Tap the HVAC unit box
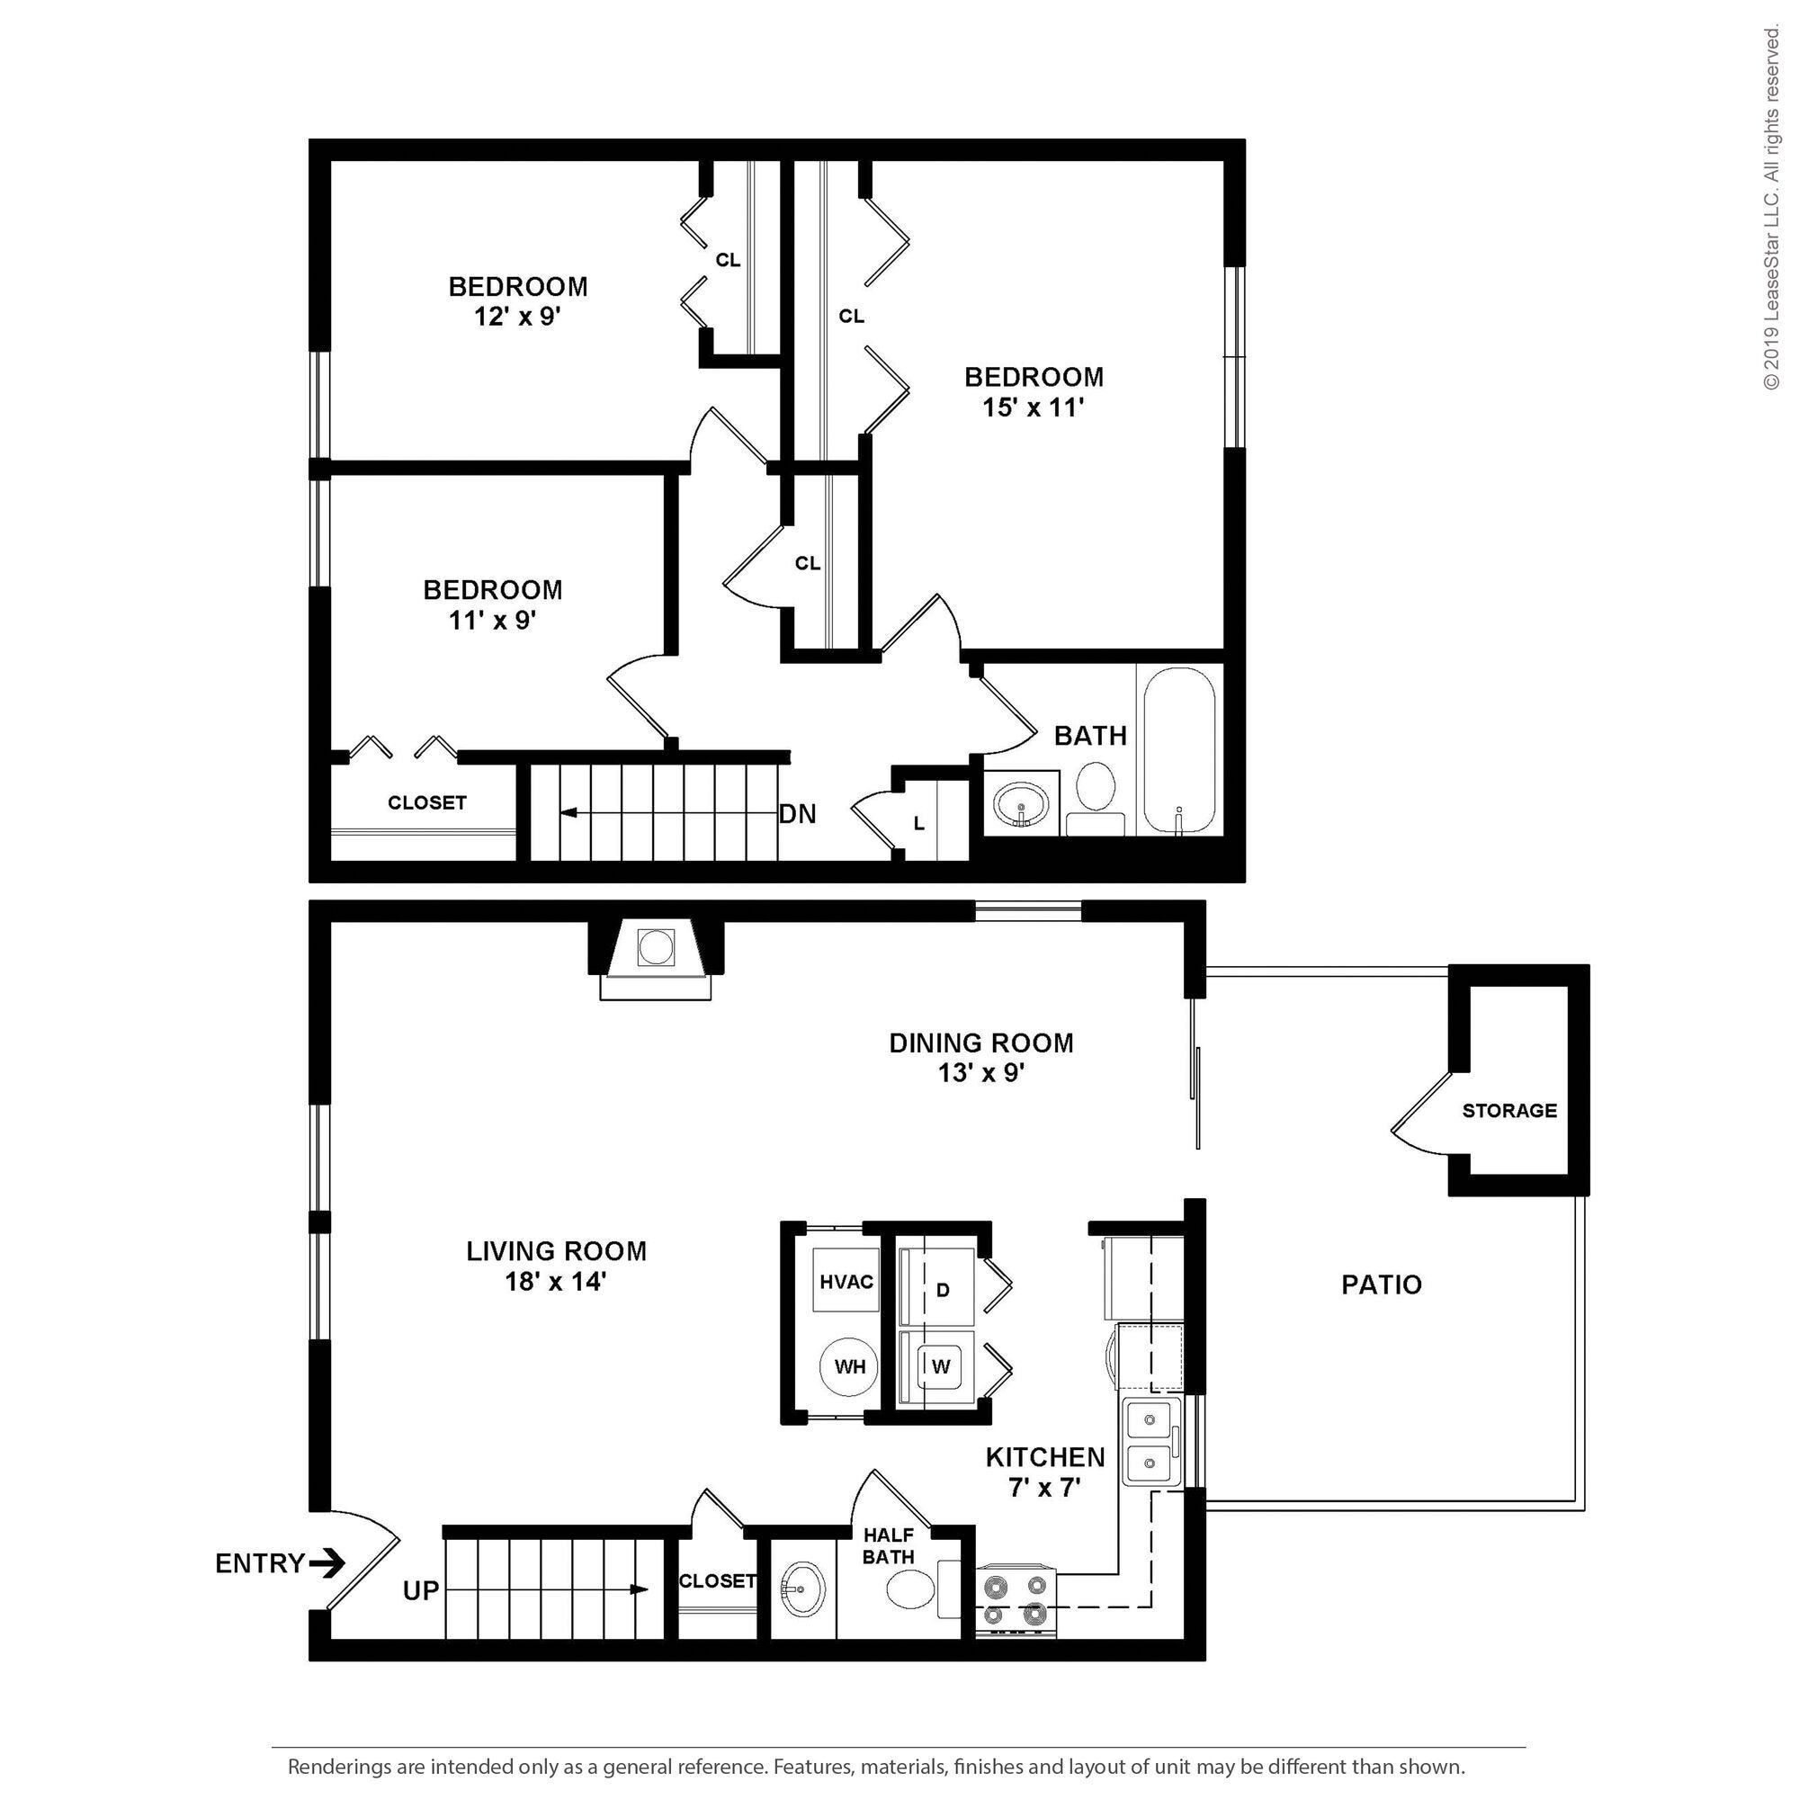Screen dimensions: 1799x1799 click(x=846, y=1281)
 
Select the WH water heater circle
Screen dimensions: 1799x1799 click(x=849, y=1367)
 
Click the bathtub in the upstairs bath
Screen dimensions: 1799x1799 click(x=1179, y=750)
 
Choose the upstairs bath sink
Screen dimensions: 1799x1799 click(x=1022, y=803)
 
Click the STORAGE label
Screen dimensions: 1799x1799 click(x=1509, y=1111)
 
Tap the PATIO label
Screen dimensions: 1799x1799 click(x=1381, y=1285)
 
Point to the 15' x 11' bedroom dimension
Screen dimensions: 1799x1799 click(x=1034, y=407)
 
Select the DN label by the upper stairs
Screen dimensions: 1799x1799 click(x=798, y=815)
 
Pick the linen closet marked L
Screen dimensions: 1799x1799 click(x=919, y=824)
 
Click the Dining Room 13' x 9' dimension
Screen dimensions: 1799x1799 click(x=981, y=1073)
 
